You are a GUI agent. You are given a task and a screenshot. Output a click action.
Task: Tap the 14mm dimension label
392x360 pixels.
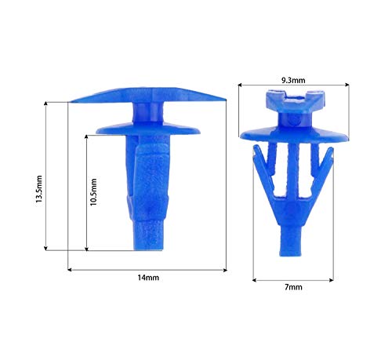pyautogui.click(x=147, y=278)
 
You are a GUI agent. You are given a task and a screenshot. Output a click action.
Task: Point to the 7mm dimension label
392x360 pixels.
pyautogui.click(x=293, y=287)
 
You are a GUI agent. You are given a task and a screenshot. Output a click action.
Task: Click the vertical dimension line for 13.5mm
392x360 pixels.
pyautogui.click(x=49, y=176)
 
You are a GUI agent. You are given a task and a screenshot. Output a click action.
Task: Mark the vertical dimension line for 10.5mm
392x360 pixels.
pyautogui.click(x=86, y=191)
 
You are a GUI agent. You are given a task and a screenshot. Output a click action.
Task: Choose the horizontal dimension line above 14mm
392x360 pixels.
pyautogui.click(x=147, y=269)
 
